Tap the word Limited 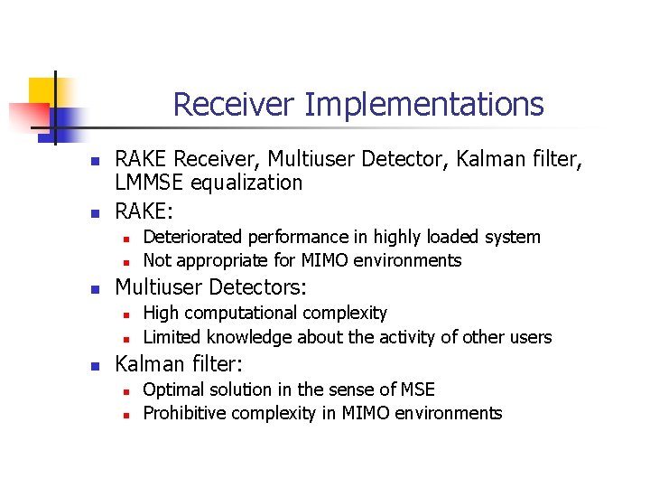[172, 337]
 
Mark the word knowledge [249, 337]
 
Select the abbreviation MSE [416, 389]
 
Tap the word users [529, 337]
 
